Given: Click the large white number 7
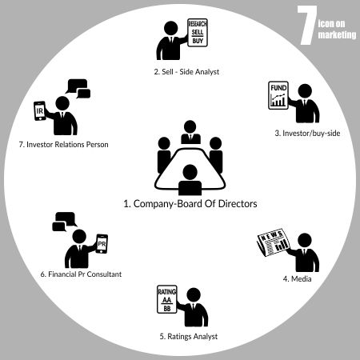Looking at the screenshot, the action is [x=307, y=26].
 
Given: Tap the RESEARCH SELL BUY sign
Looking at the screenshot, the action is [x=198, y=33].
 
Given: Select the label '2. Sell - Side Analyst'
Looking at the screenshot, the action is [x=186, y=72].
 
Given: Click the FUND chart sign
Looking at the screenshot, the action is [x=278, y=95].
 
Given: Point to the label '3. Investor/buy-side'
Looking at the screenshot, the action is [x=307, y=133].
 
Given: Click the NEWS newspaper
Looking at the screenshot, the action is [x=274, y=242].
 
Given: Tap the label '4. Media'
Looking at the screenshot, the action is [x=297, y=279].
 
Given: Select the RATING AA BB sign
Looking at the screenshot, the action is [x=167, y=299].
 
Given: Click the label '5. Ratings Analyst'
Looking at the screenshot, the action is [x=189, y=337].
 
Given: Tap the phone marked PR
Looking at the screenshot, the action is [x=102, y=244].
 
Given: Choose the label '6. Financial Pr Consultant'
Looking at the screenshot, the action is [x=81, y=274].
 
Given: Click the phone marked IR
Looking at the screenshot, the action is [x=40, y=110].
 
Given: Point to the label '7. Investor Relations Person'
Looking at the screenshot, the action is [x=64, y=145].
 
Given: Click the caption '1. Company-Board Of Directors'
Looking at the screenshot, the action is [x=190, y=204].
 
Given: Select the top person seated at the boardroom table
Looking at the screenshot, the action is [x=190, y=132].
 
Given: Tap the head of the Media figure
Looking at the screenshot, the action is [x=305, y=240].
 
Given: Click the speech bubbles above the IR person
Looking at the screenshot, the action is [x=78, y=89].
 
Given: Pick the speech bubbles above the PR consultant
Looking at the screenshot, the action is [x=65, y=222].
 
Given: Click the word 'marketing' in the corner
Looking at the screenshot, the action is [x=337, y=35].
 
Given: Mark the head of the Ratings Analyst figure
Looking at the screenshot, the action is [x=194, y=294].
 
